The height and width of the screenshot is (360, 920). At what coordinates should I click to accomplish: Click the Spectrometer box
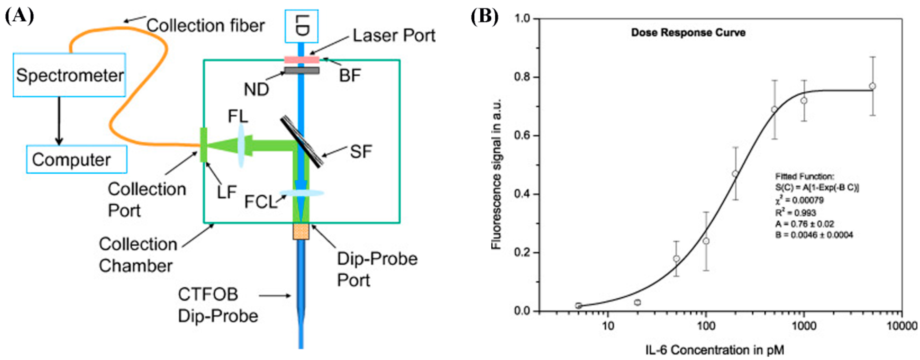pyautogui.click(x=69, y=75)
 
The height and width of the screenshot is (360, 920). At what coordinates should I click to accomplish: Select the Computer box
pyautogui.click(x=76, y=159)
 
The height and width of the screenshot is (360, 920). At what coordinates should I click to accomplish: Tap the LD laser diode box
pyautogui.click(x=302, y=26)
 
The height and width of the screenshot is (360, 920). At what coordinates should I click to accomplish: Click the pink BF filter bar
pyautogui.click(x=302, y=59)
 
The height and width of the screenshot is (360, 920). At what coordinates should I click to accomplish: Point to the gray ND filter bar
pyautogui.click(x=302, y=70)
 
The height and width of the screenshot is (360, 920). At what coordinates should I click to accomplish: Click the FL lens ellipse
pyautogui.click(x=242, y=145)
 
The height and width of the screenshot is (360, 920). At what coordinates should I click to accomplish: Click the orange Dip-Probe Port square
pyautogui.click(x=301, y=231)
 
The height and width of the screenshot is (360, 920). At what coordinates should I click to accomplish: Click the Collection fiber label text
pyautogui.click(x=205, y=26)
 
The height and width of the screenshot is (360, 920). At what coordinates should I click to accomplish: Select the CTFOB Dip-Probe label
pyautogui.click(x=218, y=305)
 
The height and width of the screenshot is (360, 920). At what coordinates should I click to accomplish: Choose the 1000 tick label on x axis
pyautogui.click(x=804, y=326)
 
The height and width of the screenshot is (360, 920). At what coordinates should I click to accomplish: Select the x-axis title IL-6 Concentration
pyautogui.click(x=714, y=350)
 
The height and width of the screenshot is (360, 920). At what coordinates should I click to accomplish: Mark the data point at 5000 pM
pyautogui.click(x=872, y=86)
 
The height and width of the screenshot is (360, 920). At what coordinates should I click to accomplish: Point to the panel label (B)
pyautogui.click(x=485, y=16)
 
